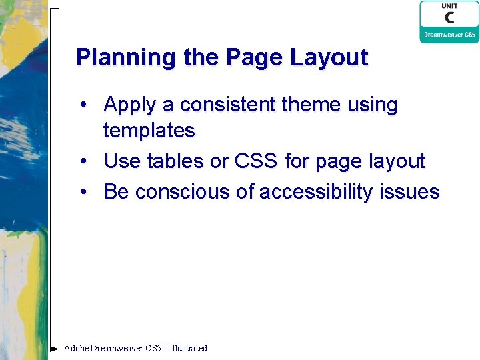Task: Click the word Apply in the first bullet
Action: (x=130, y=105)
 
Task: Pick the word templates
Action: (x=149, y=131)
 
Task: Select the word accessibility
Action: (x=316, y=192)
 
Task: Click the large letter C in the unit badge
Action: (x=449, y=19)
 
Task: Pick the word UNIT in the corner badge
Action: (x=449, y=6)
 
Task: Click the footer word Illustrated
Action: (x=189, y=348)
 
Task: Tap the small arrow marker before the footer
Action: (x=54, y=348)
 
